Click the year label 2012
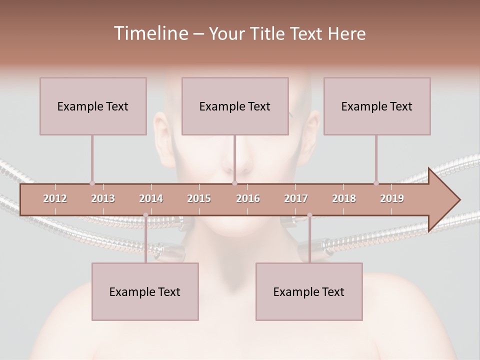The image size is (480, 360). (x=55, y=198)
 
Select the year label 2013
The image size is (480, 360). (x=103, y=198)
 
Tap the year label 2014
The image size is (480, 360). (x=151, y=198)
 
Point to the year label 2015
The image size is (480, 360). (x=199, y=198)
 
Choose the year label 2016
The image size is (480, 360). (x=248, y=198)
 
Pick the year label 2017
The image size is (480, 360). (x=296, y=198)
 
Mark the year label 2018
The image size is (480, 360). (x=344, y=198)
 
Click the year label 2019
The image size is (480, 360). (x=392, y=198)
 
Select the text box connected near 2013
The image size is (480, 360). (x=93, y=106)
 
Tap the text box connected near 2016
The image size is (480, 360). (x=235, y=106)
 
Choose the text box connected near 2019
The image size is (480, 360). (x=377, y=106)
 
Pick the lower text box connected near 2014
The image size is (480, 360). (x=145, y=291)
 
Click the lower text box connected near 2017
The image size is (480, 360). (x=309, y=291)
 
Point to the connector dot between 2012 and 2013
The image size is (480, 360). (x=92, y=183)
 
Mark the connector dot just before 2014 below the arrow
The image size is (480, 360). (x=145, y=215)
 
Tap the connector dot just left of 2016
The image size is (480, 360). (x=234, y=183)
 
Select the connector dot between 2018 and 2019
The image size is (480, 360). (x=376, y=183)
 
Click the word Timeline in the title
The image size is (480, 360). (x=150, y=33)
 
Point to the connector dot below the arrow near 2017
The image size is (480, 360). (x=309, y=215)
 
